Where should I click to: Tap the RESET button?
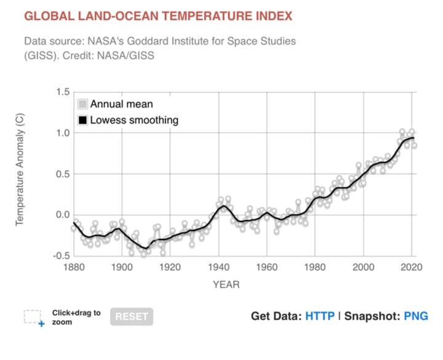[x=132, y=316]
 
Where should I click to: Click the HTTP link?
[x=320, y=316]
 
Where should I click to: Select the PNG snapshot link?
[x=415, y=316]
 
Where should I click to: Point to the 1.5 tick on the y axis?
[x=62, y=92]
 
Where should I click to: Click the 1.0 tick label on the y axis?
[x=62, y=133]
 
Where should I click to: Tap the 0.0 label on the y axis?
[x=62, y=215]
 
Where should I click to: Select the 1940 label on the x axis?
[x=218, y=267]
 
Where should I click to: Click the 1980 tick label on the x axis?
[x=314, y=267]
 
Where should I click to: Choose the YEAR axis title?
[x=226, y=284]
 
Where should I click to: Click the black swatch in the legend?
[x=82, y=120]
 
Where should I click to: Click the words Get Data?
[x=275, y=316]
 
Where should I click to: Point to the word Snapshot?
[x=370, y=316]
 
